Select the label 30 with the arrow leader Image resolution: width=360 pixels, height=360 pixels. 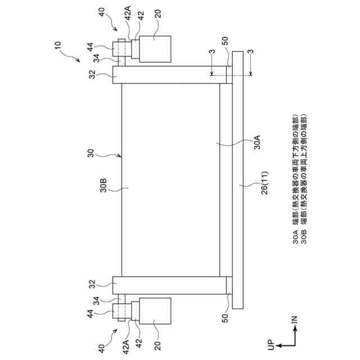pyautogui.click(x=91, y=154)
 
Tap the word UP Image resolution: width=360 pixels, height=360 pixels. pyautogui.click(x=271, y=345)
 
